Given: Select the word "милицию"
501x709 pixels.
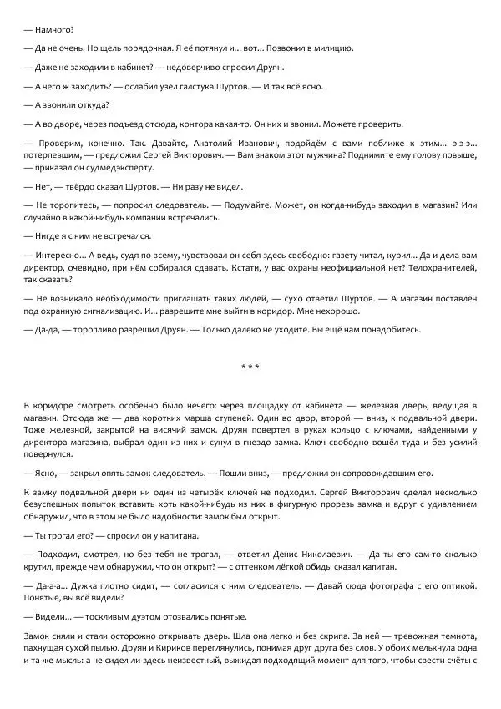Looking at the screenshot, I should [x=332, y=48].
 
